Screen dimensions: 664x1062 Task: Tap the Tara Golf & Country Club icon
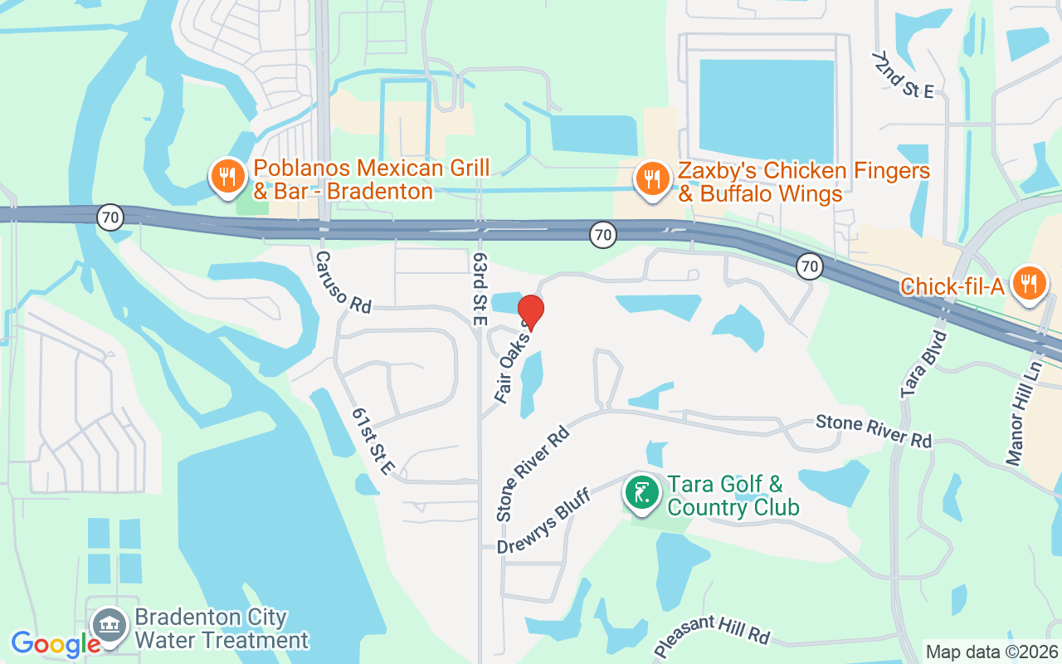(642, 493)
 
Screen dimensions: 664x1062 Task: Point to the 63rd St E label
(480, 289)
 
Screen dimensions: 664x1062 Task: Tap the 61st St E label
(372, 441)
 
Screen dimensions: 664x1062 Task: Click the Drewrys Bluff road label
(543, 521)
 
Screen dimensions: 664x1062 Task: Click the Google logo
(56, 644)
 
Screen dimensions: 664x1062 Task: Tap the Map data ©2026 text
(991, 652)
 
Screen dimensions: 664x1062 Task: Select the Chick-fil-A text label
(952, 287)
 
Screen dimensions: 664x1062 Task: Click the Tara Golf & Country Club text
(733, 496)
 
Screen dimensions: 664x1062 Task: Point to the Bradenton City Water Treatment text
(222, 629)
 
